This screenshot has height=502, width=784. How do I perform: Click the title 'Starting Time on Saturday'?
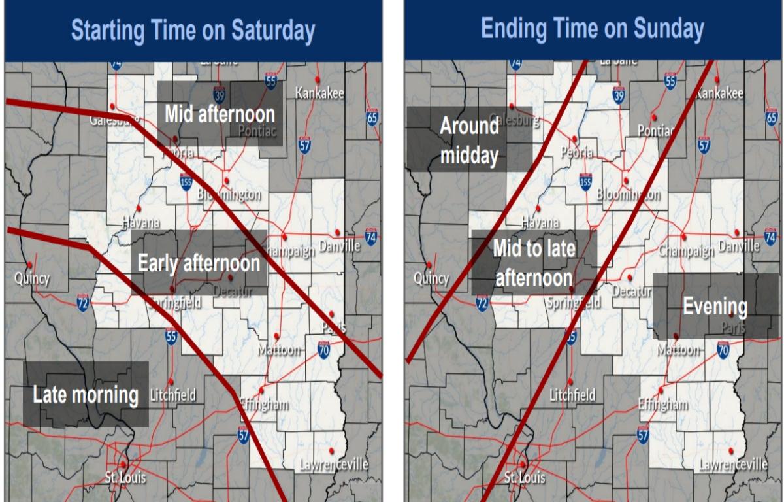[x=193, y=31]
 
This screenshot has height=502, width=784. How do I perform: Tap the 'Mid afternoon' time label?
[x=219, y=114]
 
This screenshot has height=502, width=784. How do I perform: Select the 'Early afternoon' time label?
[x=199, y=263]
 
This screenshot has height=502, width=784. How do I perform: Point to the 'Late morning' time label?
[x=86, y=395]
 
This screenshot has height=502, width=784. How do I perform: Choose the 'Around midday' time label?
[x=470, y=141]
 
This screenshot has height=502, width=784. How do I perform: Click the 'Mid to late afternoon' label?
[x=533, y=263]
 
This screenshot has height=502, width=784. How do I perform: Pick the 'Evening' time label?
[x=715, y=306]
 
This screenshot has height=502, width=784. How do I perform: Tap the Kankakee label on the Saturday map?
[x=319, y=93]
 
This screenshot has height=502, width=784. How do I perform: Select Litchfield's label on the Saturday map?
[x=172, y=395]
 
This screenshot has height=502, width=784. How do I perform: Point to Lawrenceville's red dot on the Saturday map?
[x=332, y=451]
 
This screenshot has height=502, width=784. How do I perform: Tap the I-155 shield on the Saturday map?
[x=187, y=182]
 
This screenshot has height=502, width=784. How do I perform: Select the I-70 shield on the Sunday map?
[x=723, y=350]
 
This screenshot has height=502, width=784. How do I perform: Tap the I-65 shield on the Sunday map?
[x=772, y=117]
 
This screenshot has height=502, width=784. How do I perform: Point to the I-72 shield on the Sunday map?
[x=482, y=302]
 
